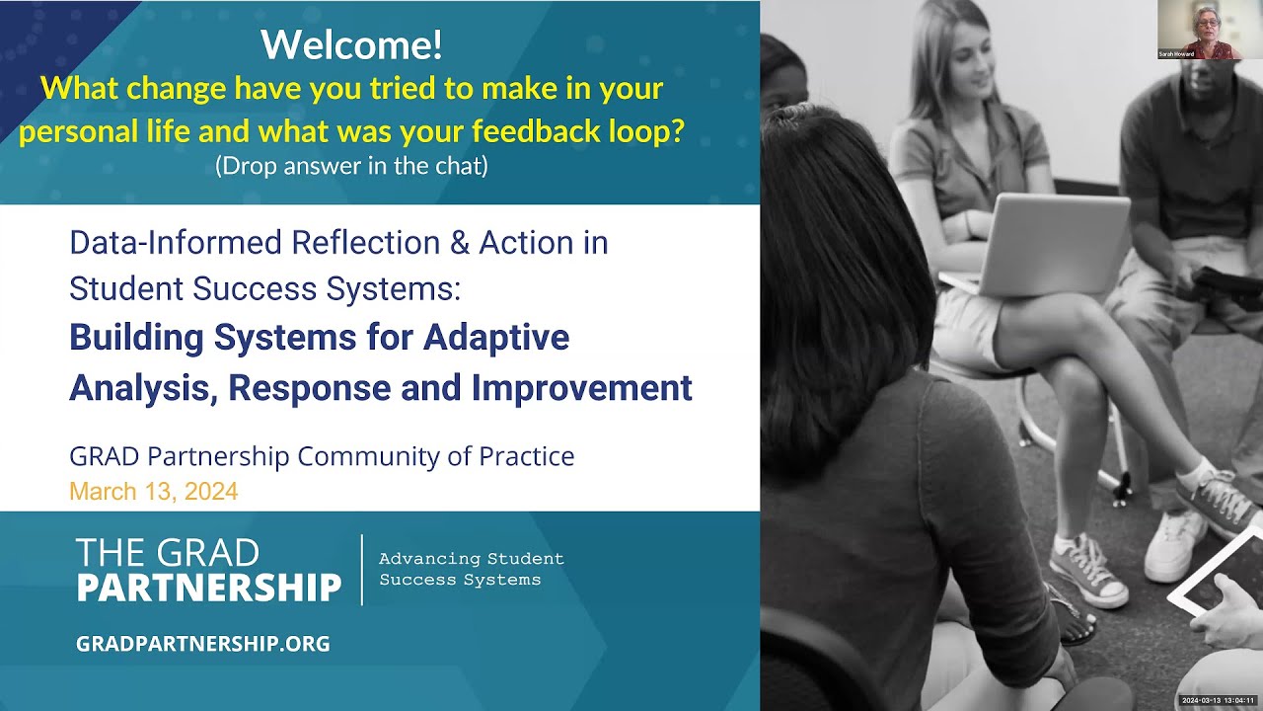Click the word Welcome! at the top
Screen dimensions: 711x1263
(x=351, y=45)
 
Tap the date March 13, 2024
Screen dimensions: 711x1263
(x=153, y=491)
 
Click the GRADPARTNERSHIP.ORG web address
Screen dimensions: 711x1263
(x=202, y=644)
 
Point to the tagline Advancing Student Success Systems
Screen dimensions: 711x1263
(x=471, y=569)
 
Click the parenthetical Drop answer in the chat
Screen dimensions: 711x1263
(x=351, y=166)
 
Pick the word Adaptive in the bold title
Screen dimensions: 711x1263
(x=496, y=338)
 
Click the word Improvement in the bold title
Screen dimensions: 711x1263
(x=581, y=388)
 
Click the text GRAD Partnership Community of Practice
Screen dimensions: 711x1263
(x=321, y=456)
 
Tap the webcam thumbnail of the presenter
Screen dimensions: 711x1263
(x=1198, y=31)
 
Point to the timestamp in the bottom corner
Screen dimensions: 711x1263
(x=1217, y=700)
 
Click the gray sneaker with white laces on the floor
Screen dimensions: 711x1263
(x=1087, y=573)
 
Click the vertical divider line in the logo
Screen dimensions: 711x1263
(x=362, y=570)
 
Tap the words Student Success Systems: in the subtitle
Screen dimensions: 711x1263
(x=264, y=288)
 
